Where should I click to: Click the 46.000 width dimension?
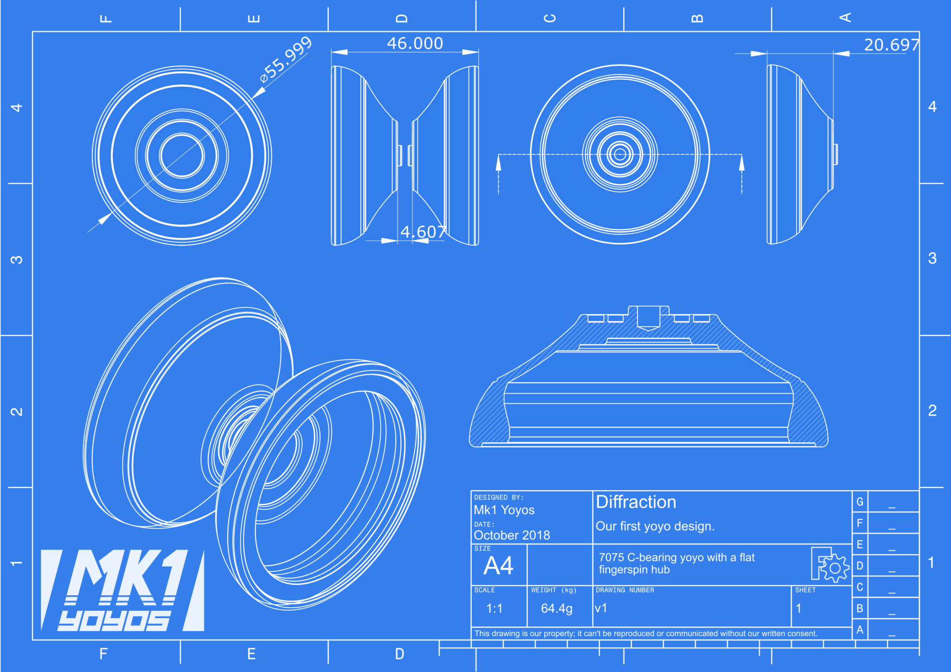[415, 44]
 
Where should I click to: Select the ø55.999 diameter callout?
[286, 59]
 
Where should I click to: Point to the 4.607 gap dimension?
[423, 232]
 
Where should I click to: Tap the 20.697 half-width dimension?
[891, 45]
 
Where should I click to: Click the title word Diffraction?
[636, 502]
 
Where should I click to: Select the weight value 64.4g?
[556, 608]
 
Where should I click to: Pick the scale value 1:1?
[494, 608]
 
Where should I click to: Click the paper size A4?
[498, 566]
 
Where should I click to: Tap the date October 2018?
[512, 536]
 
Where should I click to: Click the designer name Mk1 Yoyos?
[504, 510]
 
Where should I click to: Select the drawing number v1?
[601, 608]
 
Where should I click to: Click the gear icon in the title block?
[834, 568]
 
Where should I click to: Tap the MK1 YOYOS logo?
[122, 590]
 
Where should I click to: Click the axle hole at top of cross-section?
[648, 317]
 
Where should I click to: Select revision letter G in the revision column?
[860, 502]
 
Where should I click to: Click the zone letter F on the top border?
[106, 19]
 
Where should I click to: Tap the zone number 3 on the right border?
[932, 258]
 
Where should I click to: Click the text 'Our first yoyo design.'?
[655, 526]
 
